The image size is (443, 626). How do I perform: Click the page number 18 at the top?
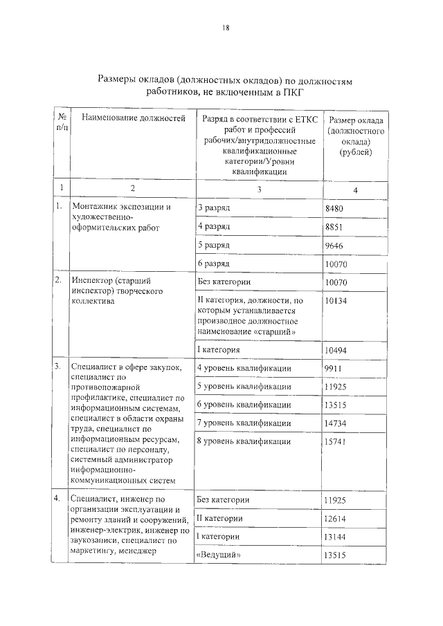coord(225,28)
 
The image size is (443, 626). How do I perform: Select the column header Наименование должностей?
coord(134,119)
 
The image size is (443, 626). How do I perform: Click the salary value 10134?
coord(336,302)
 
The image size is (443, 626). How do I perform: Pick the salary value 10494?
coord(336,351)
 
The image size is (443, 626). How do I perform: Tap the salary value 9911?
coord(334,369)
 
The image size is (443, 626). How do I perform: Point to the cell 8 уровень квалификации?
coord(244,441)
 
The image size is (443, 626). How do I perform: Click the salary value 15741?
coord(336,441)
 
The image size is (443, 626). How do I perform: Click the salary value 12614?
coord(336,519)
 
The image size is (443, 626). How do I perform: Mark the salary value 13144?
coord(336,537)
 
